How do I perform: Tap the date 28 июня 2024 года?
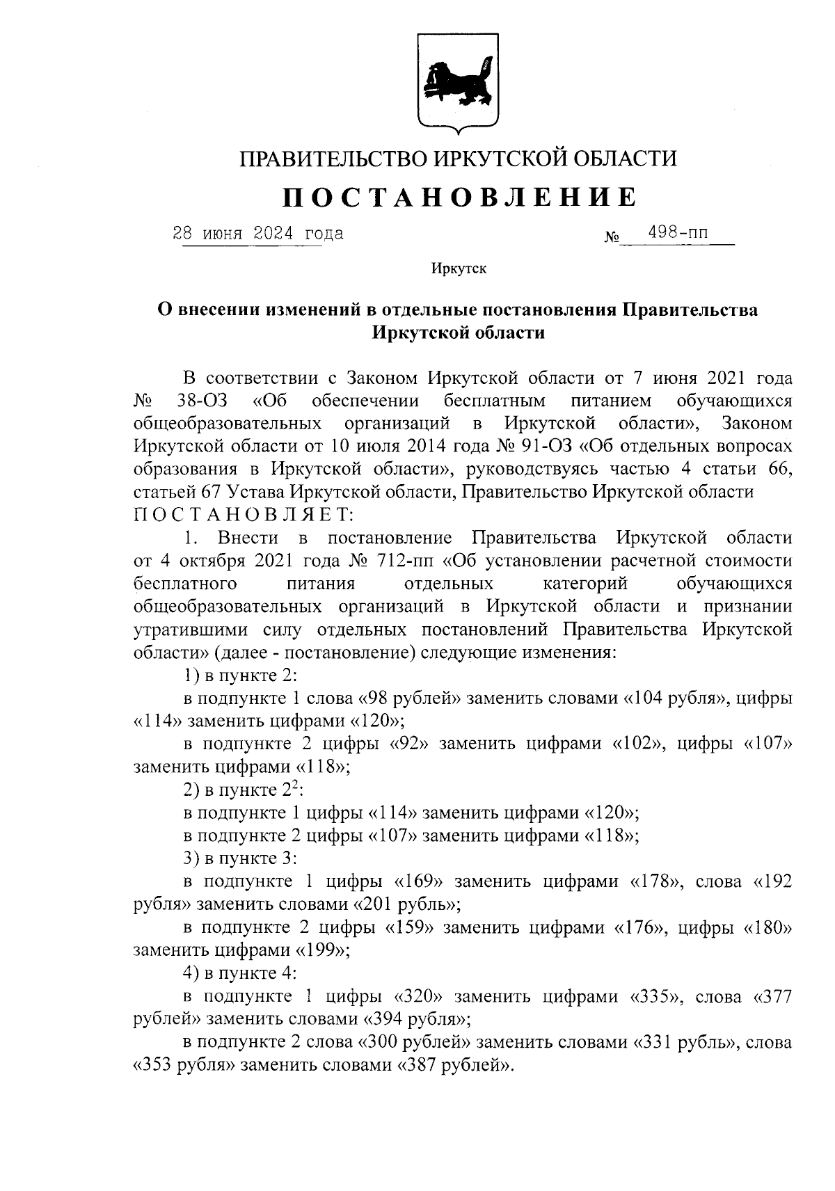pos(258,233)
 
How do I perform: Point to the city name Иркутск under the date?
pos(459,269)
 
